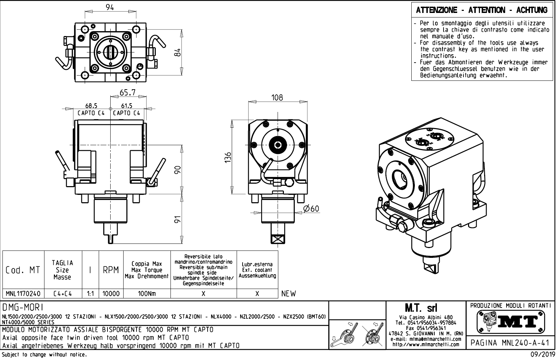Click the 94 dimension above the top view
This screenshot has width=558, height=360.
[110, 7]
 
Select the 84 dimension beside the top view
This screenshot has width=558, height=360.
[178, 52]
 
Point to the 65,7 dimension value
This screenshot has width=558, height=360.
[127, 93]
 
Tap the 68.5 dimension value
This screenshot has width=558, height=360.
[91, 106]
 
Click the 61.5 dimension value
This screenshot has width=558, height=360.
[127, 106]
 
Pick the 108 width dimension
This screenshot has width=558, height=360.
[277, 98]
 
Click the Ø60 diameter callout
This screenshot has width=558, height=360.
[311, 209]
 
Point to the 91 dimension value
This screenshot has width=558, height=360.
[178, 219]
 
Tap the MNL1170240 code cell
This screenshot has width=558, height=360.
[23, 294]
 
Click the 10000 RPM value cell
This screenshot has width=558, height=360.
[111, 294]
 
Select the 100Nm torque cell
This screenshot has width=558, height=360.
[147, 294]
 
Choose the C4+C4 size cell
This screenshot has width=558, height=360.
[63, 294]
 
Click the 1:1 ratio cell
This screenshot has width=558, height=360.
[90, 294]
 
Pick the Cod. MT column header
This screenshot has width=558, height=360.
[23, 270]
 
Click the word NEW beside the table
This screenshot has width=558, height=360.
[289, 294]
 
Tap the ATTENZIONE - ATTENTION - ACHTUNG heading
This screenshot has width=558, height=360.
[482, 10]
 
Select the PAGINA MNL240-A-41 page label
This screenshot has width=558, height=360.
[511, 343]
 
